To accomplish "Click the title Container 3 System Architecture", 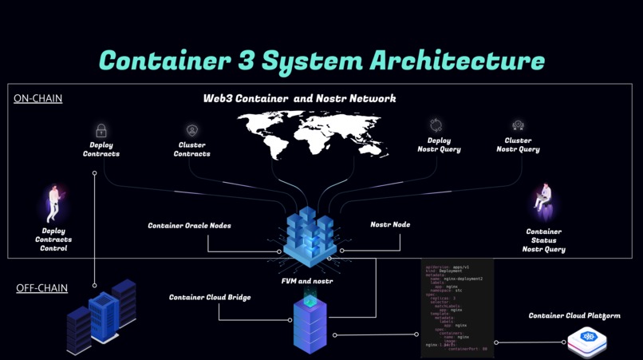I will coord(321,61).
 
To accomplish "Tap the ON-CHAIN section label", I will coord(37,98).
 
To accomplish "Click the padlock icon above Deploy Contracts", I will coord(101,130).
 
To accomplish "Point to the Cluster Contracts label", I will coord(191,149).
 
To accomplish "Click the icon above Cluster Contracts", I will coord(191,130).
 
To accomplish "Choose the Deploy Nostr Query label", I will coord(439,145).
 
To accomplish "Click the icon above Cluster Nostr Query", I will coord(518,125).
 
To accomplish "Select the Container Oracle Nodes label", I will coord(189,226).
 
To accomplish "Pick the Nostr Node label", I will coord(390,224).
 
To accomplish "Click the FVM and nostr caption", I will coord(307,281).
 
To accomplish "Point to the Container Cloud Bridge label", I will coord(210,298).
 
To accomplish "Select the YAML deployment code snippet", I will coord(457,308).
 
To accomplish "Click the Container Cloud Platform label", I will coord(574,316).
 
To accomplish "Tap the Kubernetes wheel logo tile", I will coord(590,341).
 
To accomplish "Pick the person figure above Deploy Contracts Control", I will coord(53,203).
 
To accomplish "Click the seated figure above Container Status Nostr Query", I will coord(546,200).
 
